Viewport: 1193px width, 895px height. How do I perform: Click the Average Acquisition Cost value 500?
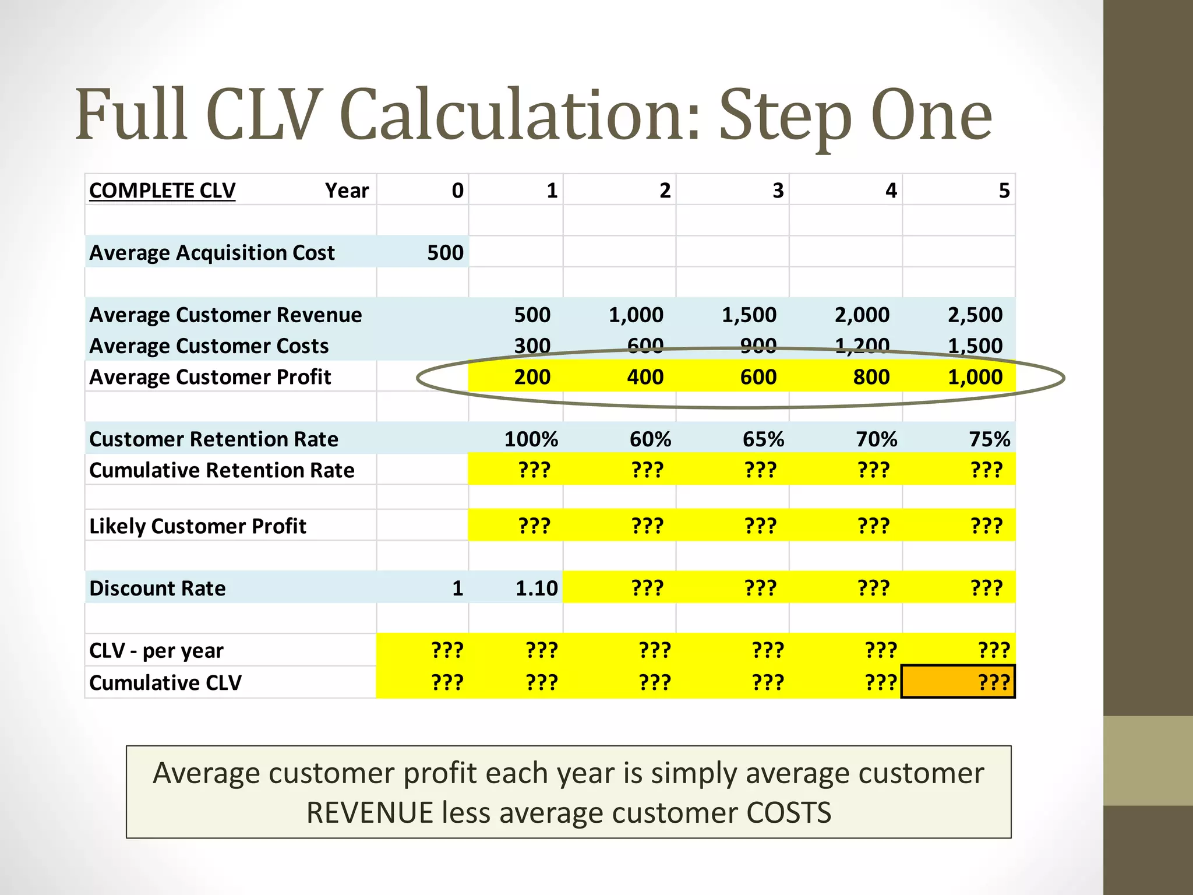point(445,253)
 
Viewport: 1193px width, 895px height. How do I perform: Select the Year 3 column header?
point(778,191)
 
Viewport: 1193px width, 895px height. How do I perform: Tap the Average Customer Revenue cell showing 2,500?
point(975,315)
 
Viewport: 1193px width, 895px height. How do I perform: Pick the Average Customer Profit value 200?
point(532,377)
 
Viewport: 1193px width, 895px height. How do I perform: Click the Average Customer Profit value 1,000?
point(975,377)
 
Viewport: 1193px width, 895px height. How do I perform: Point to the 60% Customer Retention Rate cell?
point(650,439)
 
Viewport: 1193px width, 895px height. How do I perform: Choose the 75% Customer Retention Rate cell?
point(989,439)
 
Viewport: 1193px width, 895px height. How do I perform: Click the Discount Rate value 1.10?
point(536,588)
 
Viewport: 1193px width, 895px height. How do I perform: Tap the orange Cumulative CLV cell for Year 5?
point(958,682)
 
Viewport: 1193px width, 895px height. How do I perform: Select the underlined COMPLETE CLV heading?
point(162,191)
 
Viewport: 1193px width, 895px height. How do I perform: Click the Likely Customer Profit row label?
point(197,526)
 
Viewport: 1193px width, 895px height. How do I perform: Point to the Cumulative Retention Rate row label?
point(221,470)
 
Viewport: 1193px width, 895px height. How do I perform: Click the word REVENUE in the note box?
point(369,813)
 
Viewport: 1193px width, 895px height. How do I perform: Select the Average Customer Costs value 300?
point(532,346)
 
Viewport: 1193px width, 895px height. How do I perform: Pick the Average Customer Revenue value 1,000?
point(636,315)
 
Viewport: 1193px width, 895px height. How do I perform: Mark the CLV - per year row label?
point(156,650)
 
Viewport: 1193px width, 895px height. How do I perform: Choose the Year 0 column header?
point(457,191)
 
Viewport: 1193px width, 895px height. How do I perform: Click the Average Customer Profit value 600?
point(758,377)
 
